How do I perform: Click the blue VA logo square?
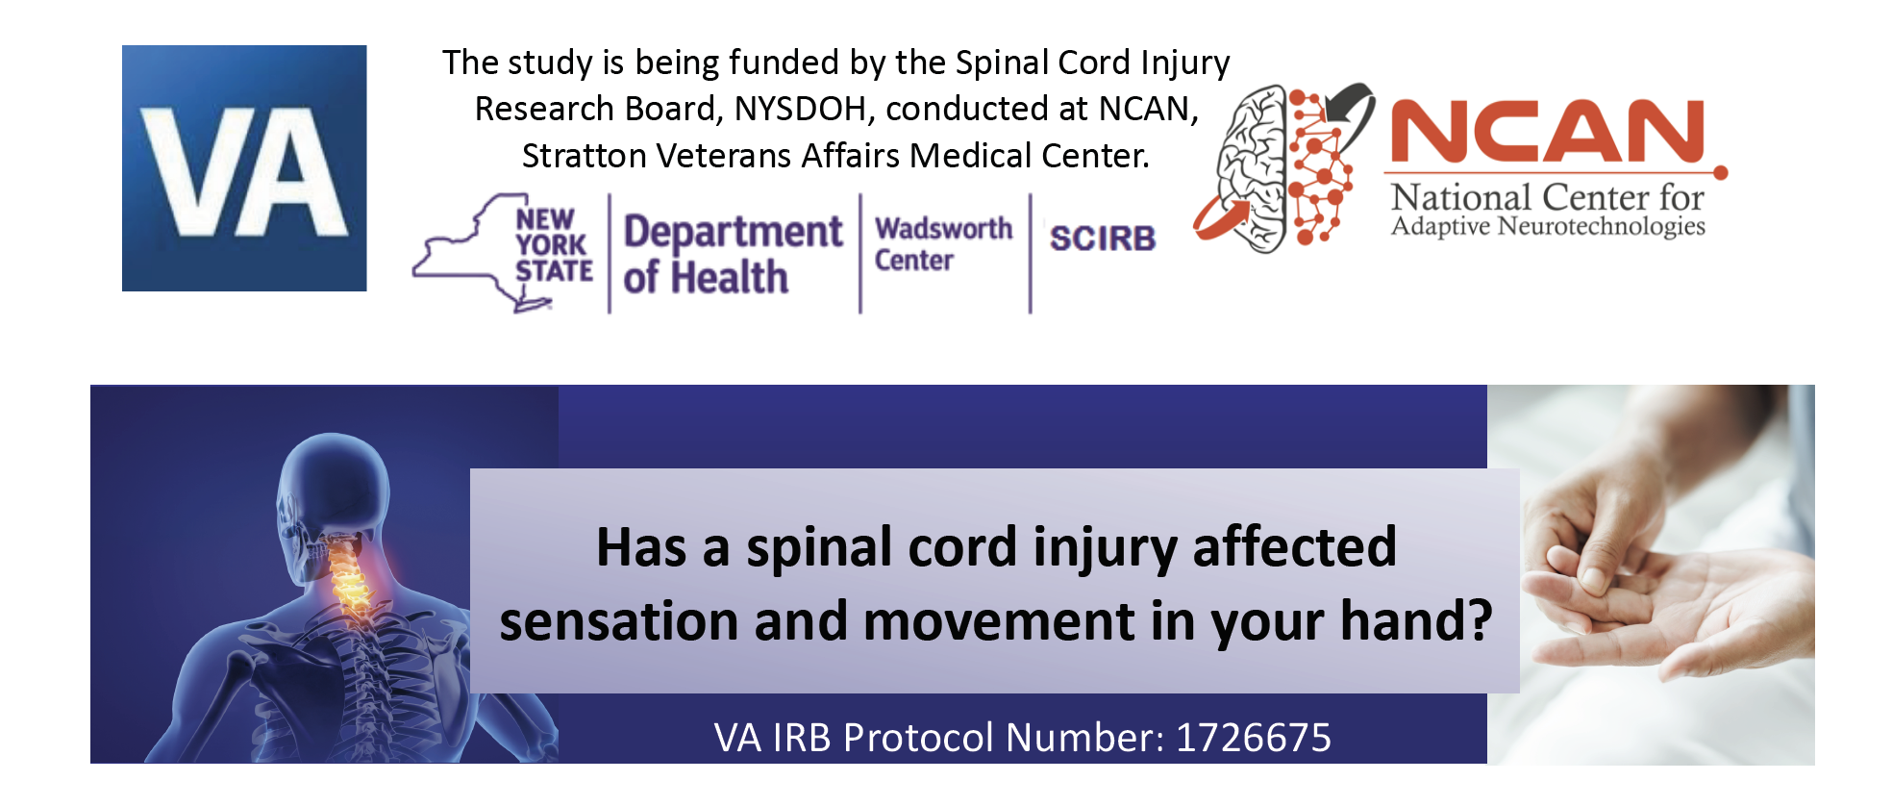click(x=244, y=168)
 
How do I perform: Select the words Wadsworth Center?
click(x=943, y=244)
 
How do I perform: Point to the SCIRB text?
click(x=1102, y=239)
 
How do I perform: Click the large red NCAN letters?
click(x=1547, y=131)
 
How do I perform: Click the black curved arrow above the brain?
click(x=1351, y=108)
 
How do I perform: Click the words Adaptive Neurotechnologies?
click(x=1548, y=226)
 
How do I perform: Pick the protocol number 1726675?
click(x=1254, y=738)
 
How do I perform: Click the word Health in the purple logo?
click(x=730, y=278)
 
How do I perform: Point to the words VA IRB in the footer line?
click(x=773, y=738)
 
